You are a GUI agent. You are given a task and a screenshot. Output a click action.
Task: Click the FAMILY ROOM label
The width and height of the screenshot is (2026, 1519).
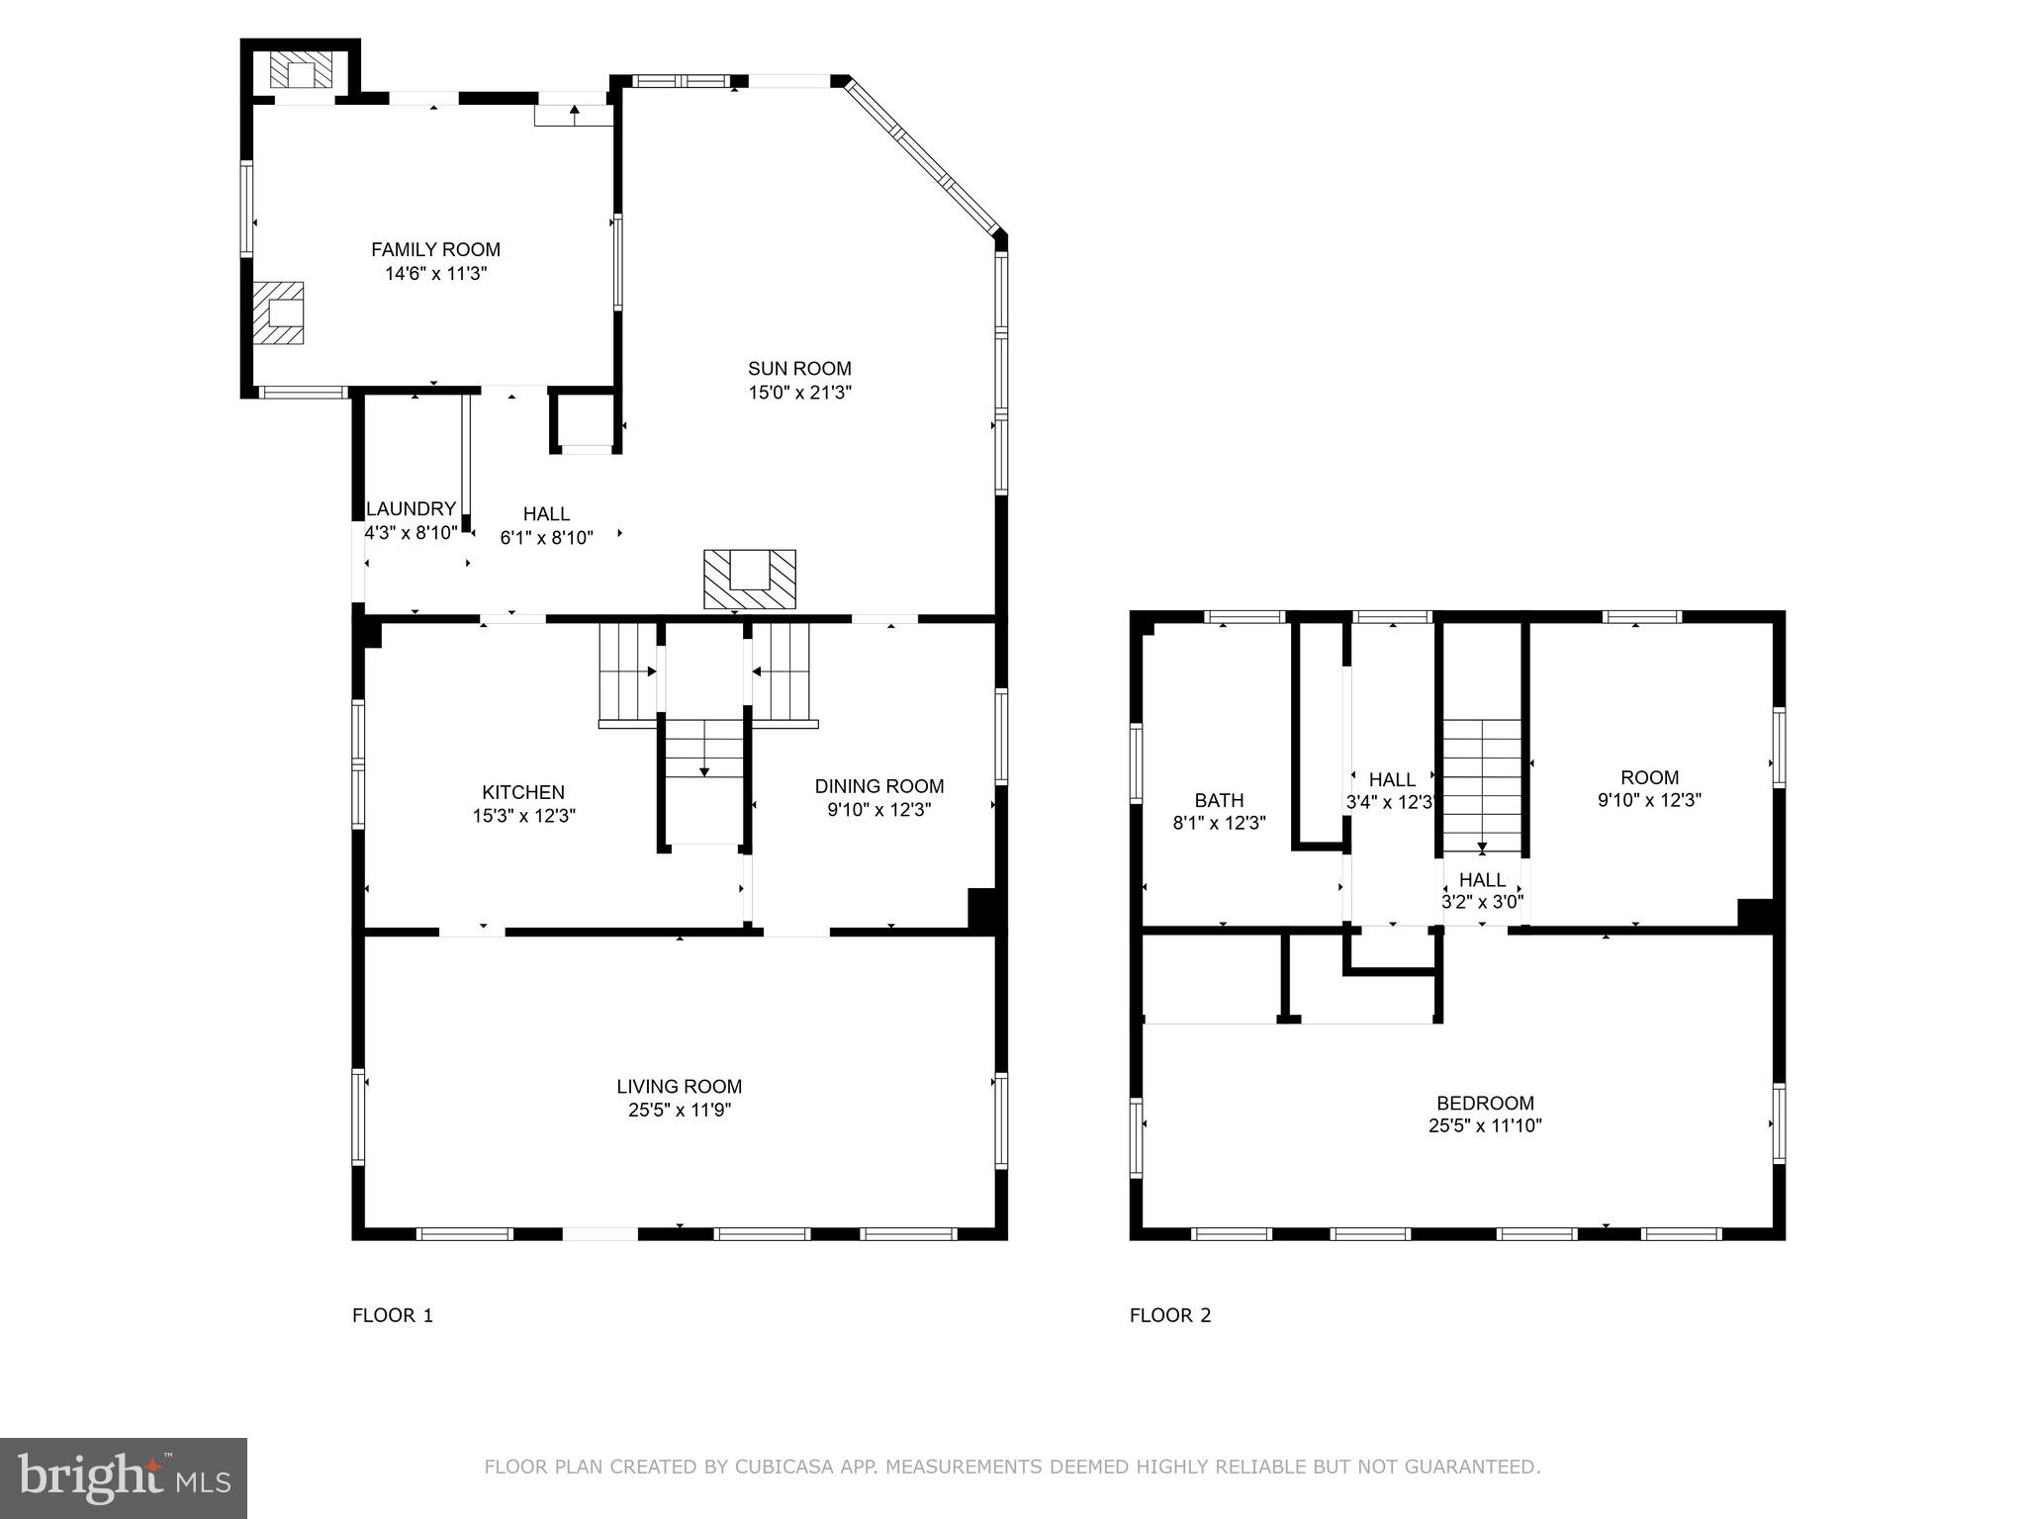click(x=435, y=250)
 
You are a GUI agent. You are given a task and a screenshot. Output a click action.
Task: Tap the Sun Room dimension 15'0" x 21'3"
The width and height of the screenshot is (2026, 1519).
click(x=799, y=393)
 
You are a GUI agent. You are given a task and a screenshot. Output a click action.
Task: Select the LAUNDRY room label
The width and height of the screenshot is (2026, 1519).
click(x=411, y=509)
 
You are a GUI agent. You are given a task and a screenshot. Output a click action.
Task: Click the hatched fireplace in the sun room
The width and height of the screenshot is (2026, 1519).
click(x=749, y=580)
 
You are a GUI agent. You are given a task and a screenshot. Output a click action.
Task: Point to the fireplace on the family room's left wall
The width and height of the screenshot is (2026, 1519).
click(x=278, y=313)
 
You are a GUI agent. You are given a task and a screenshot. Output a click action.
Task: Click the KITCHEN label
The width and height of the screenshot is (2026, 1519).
click(x=523, y=792)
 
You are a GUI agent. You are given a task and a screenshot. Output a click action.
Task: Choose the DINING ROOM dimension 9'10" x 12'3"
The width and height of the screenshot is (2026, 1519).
click(x=879, y=810)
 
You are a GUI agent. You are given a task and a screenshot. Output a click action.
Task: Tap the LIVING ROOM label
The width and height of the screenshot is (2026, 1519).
click(x=679, y=1087)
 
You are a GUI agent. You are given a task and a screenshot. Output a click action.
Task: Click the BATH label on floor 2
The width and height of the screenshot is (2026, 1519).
click(x=1219, y=800)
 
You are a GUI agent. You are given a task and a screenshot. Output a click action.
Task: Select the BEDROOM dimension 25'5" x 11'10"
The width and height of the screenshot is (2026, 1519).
click(x=1485, y=1125)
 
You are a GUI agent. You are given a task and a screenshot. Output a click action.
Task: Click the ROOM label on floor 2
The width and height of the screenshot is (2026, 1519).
click(x=1649, y=777)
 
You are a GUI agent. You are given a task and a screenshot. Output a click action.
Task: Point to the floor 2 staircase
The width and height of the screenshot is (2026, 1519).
click(x=1481, y=786)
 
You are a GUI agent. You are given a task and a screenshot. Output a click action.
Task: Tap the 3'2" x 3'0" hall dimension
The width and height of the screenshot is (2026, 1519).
click(x=1482, y=902)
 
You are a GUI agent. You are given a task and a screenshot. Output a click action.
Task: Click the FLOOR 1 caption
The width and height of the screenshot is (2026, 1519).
click(x=393, y=1315)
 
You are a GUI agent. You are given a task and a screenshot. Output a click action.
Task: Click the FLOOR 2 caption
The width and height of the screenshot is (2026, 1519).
click(x=1170, y=1315)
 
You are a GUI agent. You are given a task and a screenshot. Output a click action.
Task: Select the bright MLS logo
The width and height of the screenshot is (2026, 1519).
click(x=123, y=1478)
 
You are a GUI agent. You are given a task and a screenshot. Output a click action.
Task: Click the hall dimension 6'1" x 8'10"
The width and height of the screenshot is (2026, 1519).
click(x=546, y=538)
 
